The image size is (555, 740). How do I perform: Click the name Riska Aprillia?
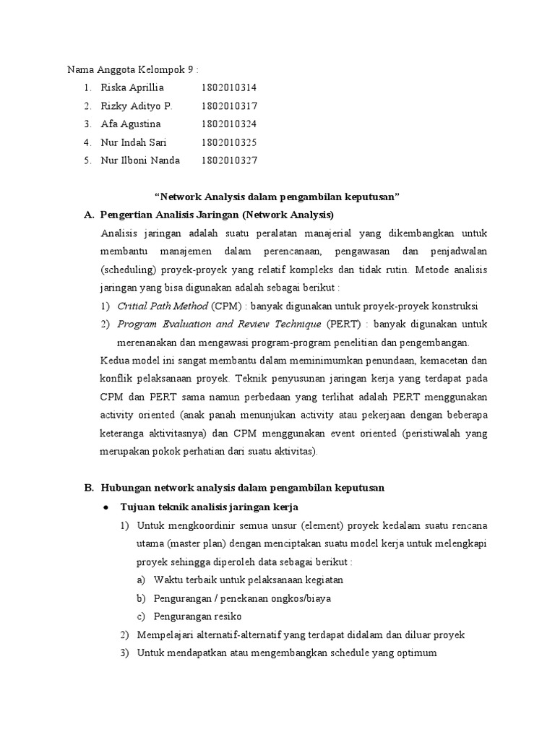(x=133, y=87)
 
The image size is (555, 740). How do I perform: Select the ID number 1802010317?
(x=229, y=106)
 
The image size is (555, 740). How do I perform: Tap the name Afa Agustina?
(x=131, y=124)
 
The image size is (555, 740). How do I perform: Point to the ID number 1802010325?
(x=229, y=142)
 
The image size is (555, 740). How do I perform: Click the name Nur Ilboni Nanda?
(x=140, y=160)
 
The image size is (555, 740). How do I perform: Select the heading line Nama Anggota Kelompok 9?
(x=132, y=69)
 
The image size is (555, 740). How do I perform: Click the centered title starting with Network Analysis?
(x=278, y=197)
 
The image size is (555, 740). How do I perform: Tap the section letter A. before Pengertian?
(x=90, y=215)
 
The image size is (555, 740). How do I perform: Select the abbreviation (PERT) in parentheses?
(x=343, y=324)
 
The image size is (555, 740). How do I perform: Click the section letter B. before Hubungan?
(x=90, y=488)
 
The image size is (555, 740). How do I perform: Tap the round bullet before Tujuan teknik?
(x=107, y=506)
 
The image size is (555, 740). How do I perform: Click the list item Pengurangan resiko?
(x=197, y=616)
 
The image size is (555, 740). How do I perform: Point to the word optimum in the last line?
(x=414, y=653)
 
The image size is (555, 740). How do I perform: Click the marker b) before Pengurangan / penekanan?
(x=140, y=598)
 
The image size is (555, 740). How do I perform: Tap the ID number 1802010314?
(x=229, y=87)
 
